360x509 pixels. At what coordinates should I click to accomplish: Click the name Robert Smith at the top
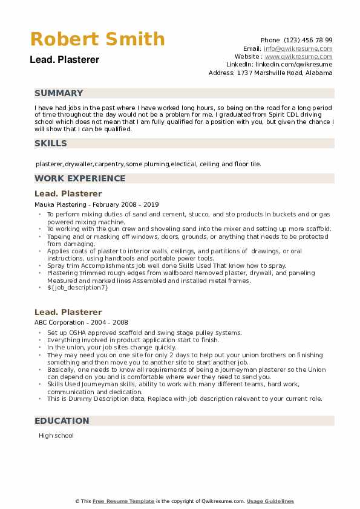(97, 39)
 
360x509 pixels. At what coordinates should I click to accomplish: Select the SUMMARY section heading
(59, 93)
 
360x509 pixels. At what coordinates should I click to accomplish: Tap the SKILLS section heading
(51, 143)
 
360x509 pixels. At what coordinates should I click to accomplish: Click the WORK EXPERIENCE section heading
(80, 178)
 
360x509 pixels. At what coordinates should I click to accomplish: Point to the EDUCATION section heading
(62, 421)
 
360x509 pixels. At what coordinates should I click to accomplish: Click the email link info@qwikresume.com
(298, 48)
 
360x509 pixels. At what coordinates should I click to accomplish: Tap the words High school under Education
(56, 435)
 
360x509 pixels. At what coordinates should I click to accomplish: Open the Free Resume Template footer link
(123, 501)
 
